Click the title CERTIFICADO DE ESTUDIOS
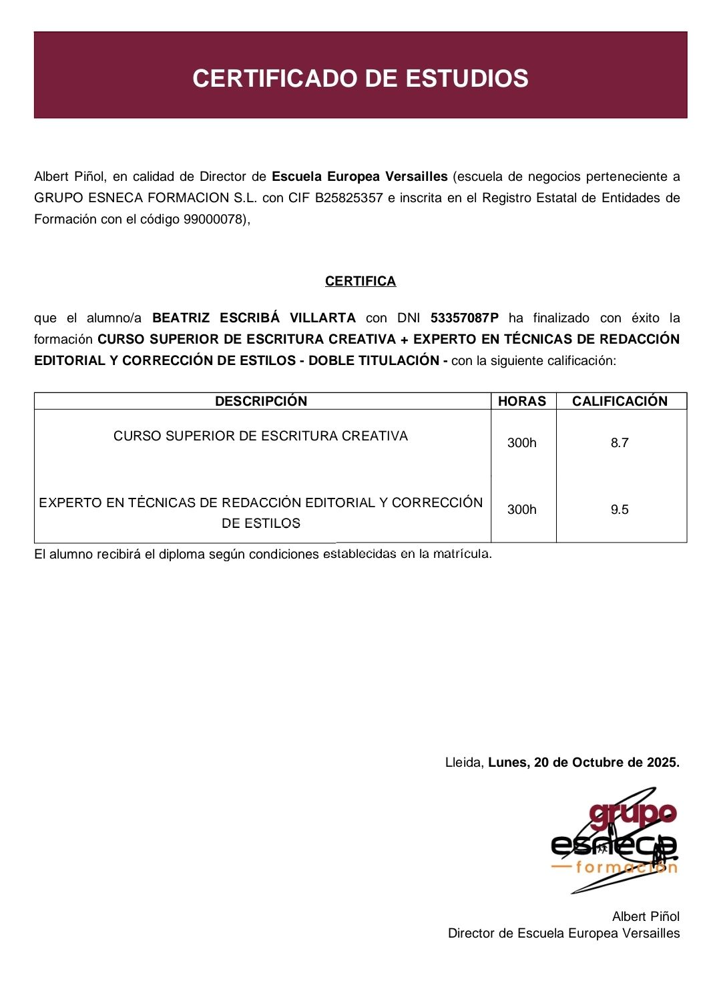click(x=360, y=78)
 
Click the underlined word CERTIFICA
click(x=360, y=281)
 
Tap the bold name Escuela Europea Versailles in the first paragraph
click(x=359, y=176)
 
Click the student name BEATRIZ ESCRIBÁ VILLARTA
click(x=254, y=318)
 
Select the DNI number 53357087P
click(x=464, y=318)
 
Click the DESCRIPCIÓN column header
click(x=261, y=401)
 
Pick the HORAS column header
click(x=522, y=401)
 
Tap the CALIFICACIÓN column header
click(x=620, y=401)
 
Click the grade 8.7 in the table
click(x=620, y=442)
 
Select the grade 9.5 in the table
click(x=620, y=509)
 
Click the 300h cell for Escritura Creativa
click(x=522, y=442)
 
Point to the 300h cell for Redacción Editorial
click(x=522, y=509)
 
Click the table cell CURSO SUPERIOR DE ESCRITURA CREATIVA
click(x=260, y=436)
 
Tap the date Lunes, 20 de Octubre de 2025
click(x=583, y=762)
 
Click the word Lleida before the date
click(x=463, y=762)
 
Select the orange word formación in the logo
click(x=626, y=867)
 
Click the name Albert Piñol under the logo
click(x=646, y=916)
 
